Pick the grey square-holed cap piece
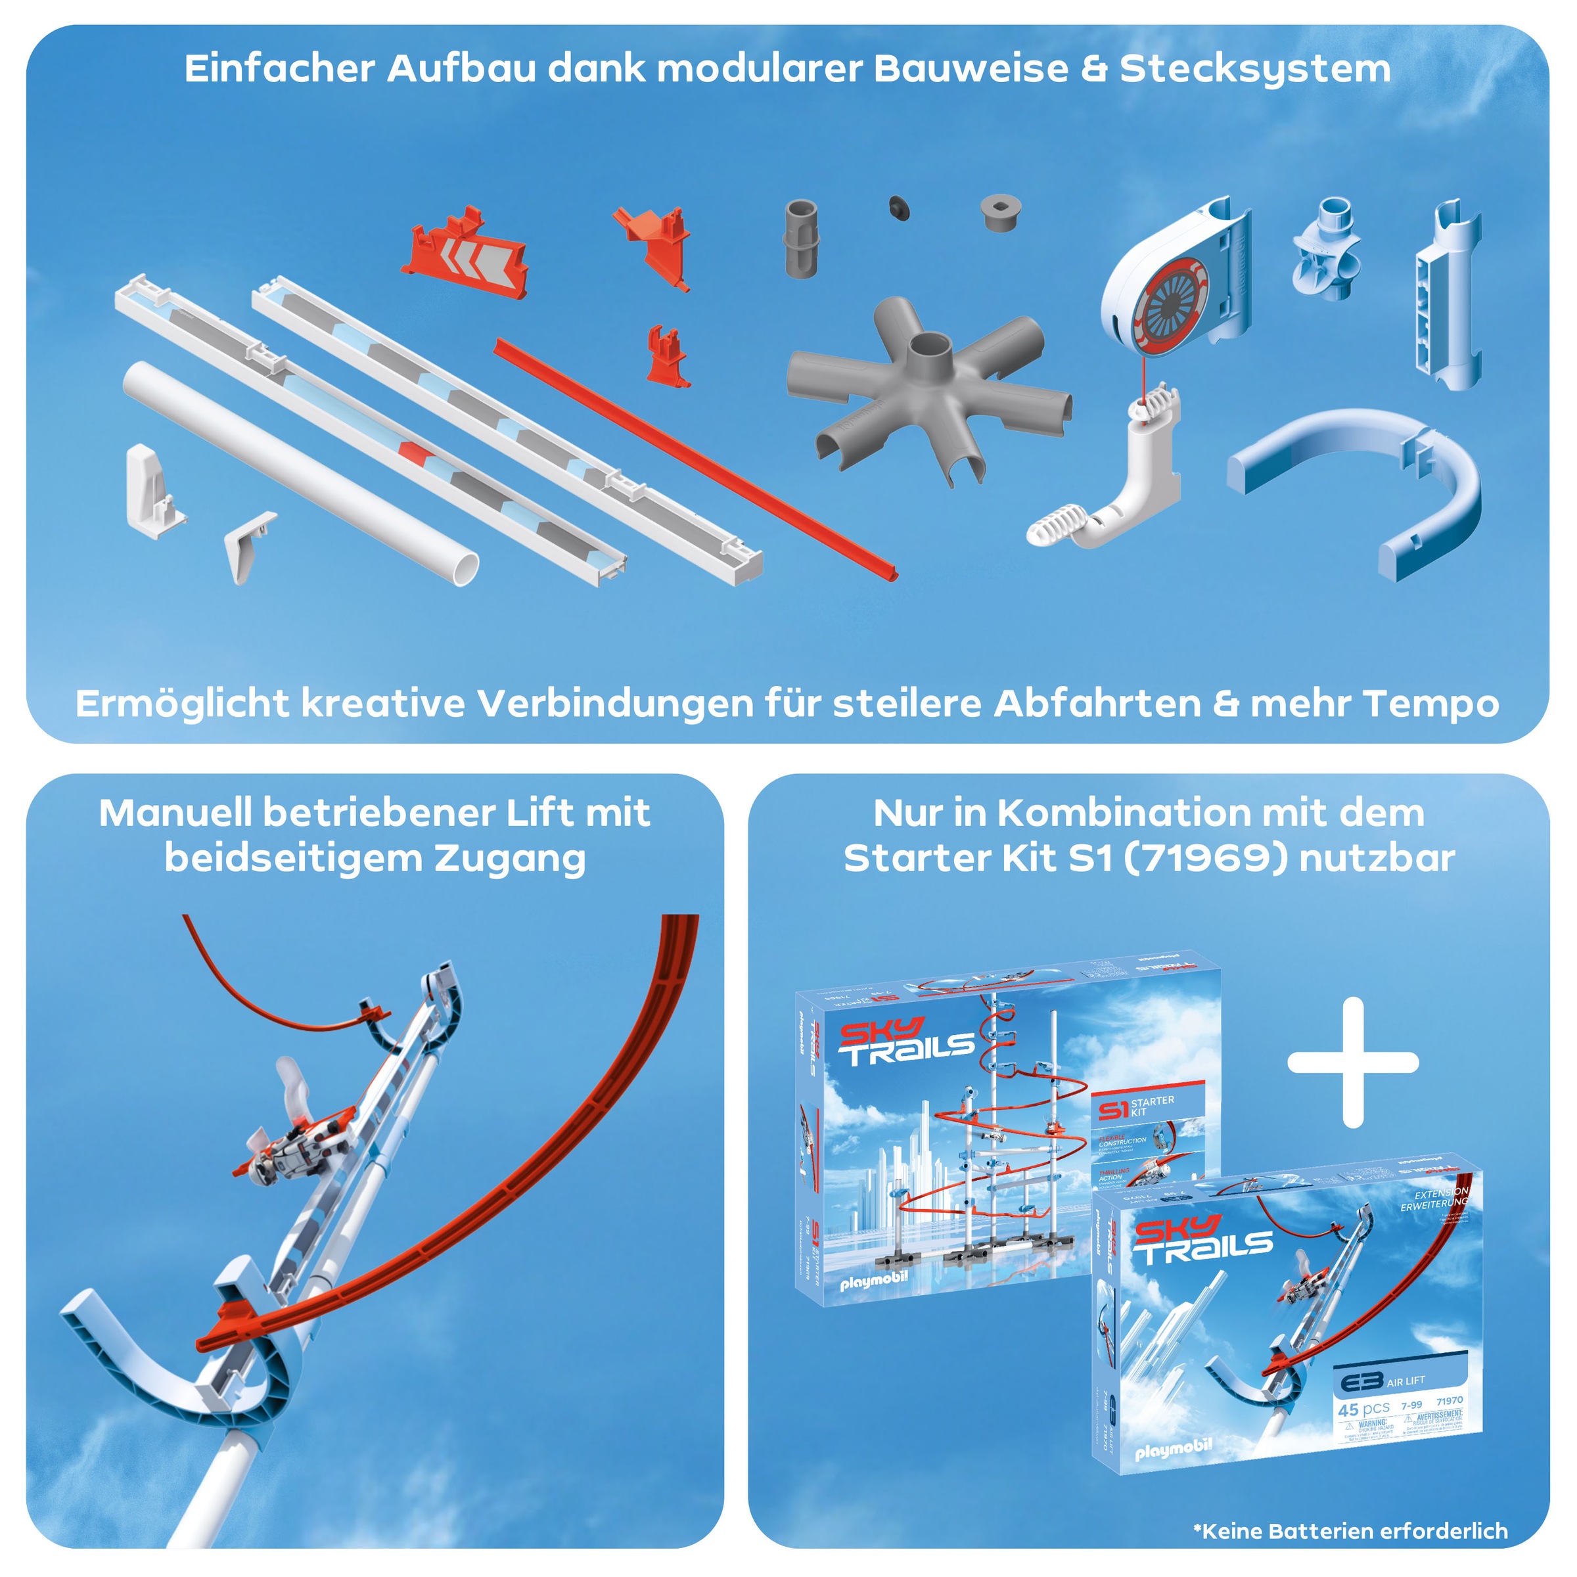[x=1002, y=213]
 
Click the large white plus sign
[x=1352, y=1062]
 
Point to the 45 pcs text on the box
[x=1363, y=1409]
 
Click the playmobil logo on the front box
[x=1173, y=1449]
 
